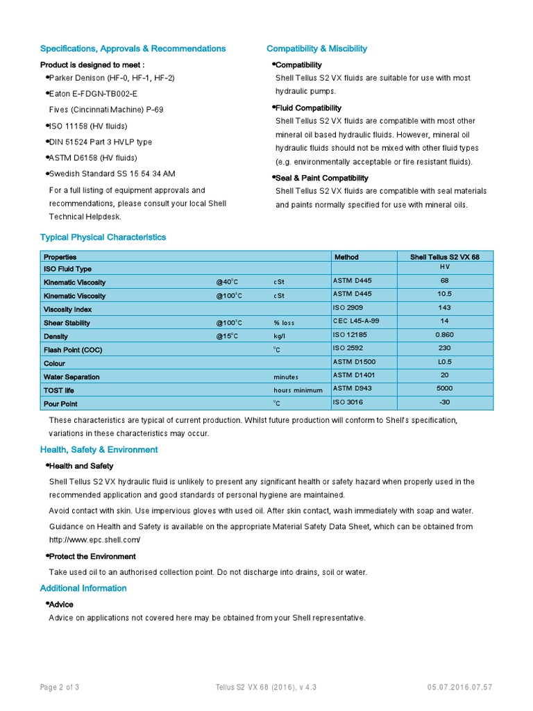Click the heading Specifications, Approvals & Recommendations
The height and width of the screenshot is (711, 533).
click(x=133, y=49)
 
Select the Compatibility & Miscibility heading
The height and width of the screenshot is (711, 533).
click(x=316, y=49)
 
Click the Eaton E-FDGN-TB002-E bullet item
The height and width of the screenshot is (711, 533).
click(x=93, y=94)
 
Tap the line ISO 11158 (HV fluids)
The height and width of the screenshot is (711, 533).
click(x=88, y=126)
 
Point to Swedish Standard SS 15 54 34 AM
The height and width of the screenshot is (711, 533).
click(x=112, y=174)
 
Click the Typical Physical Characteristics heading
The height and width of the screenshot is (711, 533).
click(x=103, y=237)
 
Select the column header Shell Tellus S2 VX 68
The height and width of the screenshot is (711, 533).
click(x=444, y=257)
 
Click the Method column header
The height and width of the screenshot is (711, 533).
click(x=346, y=257)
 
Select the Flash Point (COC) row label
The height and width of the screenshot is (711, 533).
click(x=73, y=350)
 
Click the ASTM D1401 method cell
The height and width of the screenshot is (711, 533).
click(x=354, y=375)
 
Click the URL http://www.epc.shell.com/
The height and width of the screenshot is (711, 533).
click(x=95, y=539)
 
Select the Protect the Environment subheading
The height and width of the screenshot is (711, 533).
click(x=92, y=557)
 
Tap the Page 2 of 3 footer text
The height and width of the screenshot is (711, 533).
click(x=60, y=687)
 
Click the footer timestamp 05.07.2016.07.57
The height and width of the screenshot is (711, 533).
click(x=460, y=687)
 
